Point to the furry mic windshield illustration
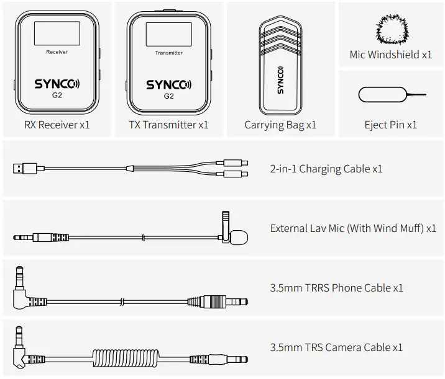tap(391, 27)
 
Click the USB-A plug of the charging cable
tap(25, 168)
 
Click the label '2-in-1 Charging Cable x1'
tap(326, 169)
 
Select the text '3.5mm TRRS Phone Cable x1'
tap(336, 288)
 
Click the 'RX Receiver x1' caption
tap(57, 125)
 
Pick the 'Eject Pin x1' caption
tap(390, 125)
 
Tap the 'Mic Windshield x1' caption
tap(390, 55)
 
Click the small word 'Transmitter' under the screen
tap(168, 53)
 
